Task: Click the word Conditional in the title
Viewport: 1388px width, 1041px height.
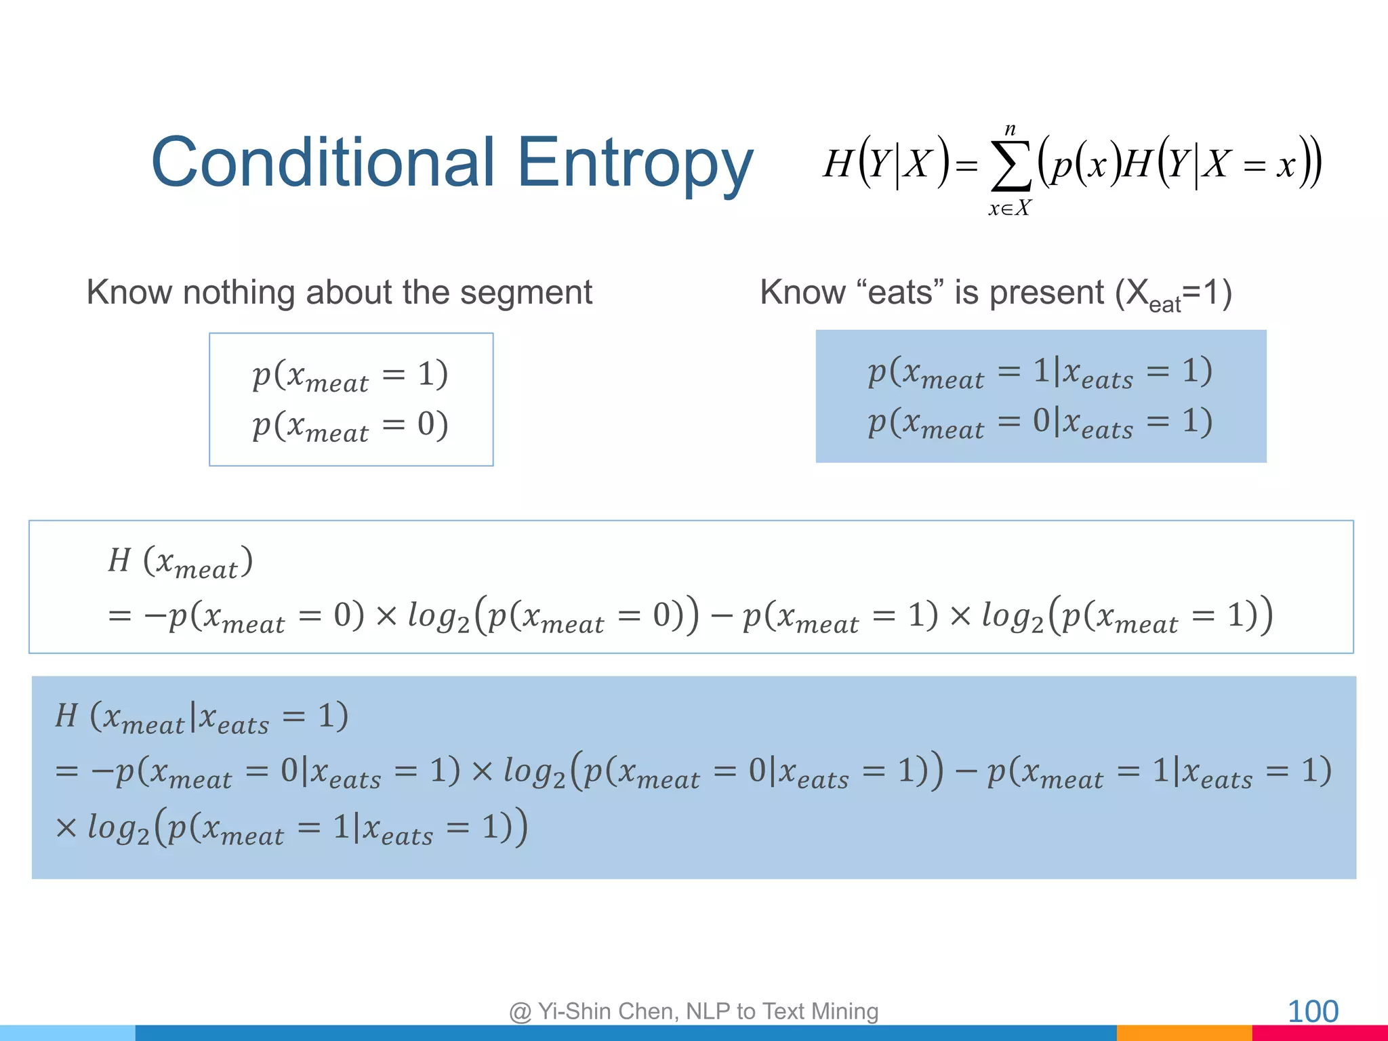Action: click(323, 163)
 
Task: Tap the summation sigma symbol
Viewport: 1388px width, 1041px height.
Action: click(1011, 166)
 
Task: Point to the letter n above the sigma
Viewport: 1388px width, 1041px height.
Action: click(1011, 128)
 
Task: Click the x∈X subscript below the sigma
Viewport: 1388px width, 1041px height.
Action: click(1009, 209)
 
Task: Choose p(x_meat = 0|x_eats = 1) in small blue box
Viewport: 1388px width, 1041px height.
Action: click(1040, 424)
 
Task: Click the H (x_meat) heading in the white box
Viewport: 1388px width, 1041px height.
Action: click(180, 563)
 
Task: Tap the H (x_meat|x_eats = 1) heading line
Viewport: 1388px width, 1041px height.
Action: click(202, 718)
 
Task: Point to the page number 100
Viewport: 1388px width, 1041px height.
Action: click(1312, 1012)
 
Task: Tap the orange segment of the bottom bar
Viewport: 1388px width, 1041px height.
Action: click(1183, 1033)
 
